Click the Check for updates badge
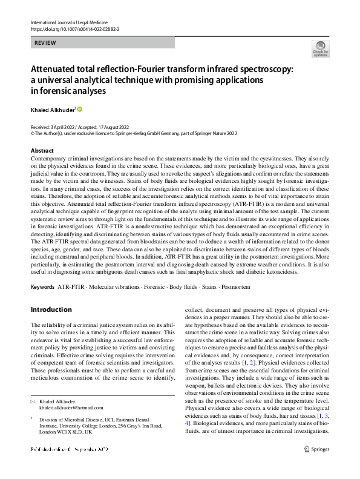pos(320,48)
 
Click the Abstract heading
pos(42,150)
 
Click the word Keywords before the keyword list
pos(42,285)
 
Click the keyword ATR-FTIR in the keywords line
pos(71,285)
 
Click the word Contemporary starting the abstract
pos(53,158)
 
